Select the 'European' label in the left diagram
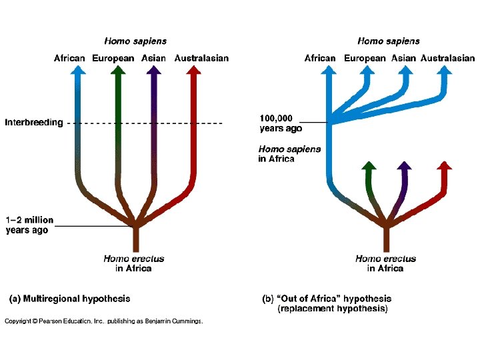point(113,58)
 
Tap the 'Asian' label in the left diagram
point(153,58)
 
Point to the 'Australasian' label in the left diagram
point(201,58)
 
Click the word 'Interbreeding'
point(34,123)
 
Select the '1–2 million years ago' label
point(29,225)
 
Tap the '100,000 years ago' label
point(281,123)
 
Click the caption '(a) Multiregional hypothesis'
point(69,299)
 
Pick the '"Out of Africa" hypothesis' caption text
point(327,299)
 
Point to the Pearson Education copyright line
point(103,321)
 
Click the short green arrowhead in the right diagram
point(367,165)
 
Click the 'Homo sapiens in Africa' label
point(289,154)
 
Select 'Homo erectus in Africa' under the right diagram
point(385,263)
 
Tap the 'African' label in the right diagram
point(320,58)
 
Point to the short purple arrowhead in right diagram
point(404,165)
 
